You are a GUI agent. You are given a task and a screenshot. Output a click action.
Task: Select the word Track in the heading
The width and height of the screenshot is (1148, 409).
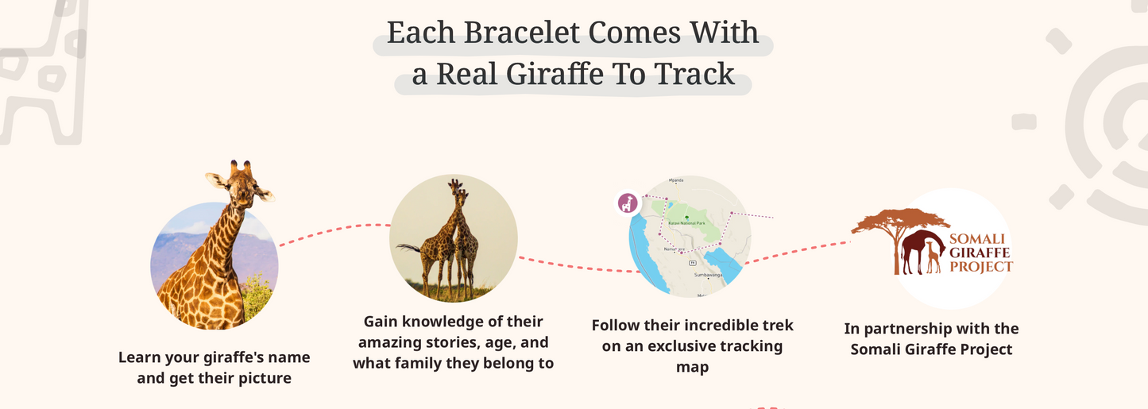694,75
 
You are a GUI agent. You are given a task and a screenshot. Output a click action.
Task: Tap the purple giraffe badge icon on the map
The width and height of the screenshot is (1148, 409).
628,203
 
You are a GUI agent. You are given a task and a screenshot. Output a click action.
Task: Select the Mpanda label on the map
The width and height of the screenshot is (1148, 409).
677,180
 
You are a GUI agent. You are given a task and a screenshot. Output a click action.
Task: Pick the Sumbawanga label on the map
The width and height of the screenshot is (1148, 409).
708,275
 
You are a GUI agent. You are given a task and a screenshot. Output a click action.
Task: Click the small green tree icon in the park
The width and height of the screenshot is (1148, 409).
685,216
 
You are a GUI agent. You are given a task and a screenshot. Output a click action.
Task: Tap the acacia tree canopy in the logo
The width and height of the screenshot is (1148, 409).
900,222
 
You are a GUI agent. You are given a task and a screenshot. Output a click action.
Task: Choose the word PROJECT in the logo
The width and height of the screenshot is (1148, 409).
981,267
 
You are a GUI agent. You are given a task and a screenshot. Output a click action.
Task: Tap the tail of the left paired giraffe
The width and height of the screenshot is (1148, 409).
408,248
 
